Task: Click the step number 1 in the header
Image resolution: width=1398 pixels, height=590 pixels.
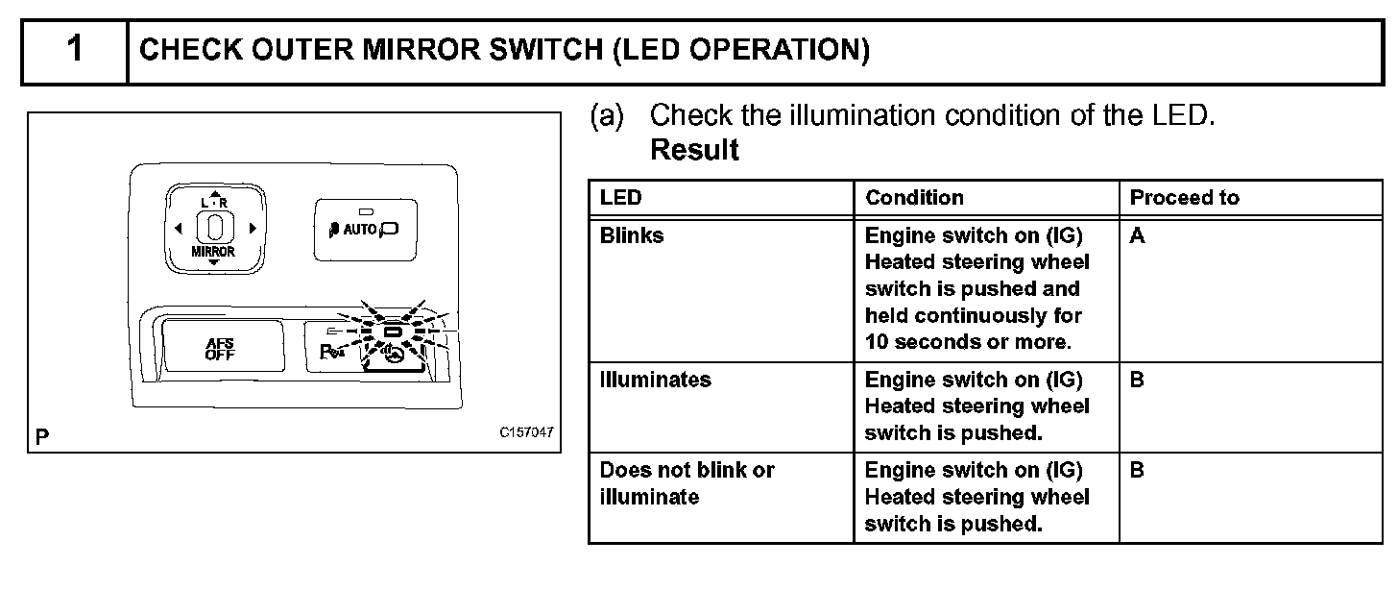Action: (75, 50)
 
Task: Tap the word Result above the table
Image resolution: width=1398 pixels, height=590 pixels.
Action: (694, 150)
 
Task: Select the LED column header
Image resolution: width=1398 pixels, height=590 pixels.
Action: (620, 198)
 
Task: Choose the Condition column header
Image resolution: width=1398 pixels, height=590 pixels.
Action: (914, 198)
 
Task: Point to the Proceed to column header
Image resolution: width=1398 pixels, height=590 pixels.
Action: (1184, 198)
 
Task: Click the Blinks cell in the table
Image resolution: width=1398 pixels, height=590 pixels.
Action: (631, 235)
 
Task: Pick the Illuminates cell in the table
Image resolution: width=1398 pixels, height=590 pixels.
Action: (656, 380)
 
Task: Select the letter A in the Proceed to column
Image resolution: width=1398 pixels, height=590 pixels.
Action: (1137, 235)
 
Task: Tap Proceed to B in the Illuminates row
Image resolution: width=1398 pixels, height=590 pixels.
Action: (1137, 380)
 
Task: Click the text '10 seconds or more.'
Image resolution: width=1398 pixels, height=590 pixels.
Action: (966, 342)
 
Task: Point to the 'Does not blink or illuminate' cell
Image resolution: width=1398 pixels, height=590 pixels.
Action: (687, 483)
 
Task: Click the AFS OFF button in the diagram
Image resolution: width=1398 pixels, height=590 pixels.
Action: (220, 348)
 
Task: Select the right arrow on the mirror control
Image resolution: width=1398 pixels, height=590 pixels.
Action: (252, 228)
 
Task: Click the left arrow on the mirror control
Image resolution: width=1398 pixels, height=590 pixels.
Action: (179, 228)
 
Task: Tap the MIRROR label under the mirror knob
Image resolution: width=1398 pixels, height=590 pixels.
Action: (214, 252)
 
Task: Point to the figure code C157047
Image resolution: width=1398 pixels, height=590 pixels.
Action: (526, 432)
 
